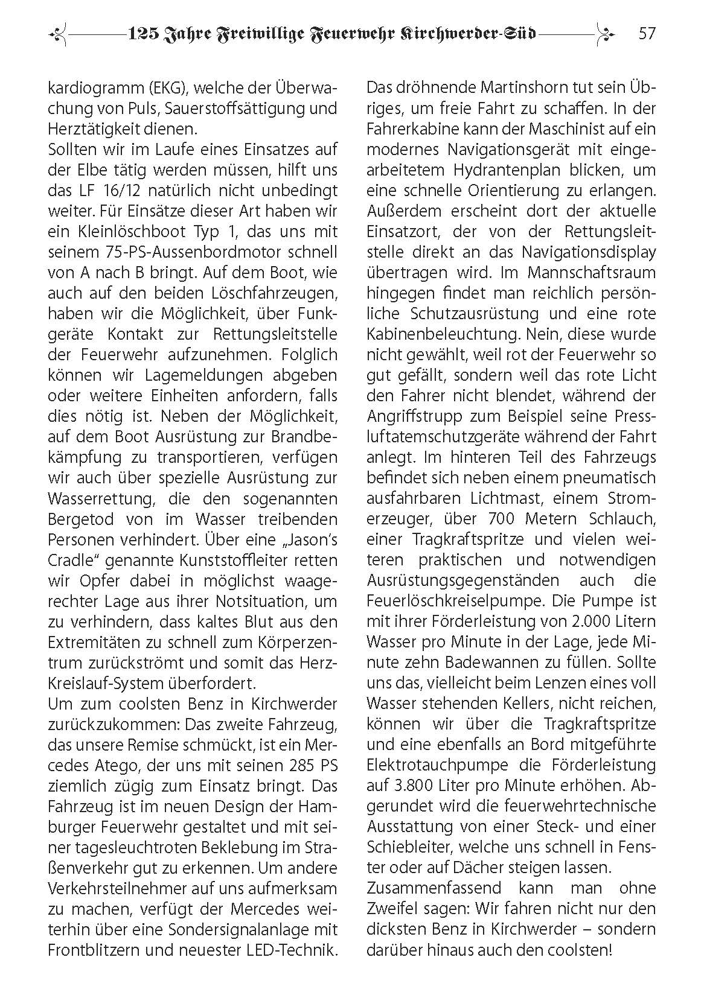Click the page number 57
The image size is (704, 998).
click(x=647, y=33)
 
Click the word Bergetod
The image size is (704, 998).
click(x=82, y=519)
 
